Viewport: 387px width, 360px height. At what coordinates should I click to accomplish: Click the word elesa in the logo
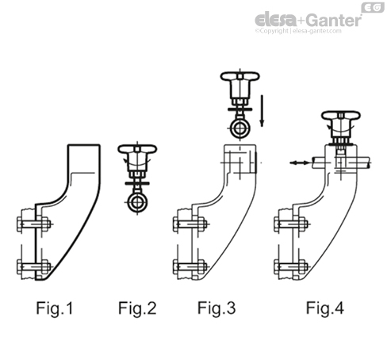tap(272, 20)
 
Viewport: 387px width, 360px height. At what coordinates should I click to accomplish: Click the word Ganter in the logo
tap(333, 20)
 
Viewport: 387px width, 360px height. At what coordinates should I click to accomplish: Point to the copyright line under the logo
tap(305, 33)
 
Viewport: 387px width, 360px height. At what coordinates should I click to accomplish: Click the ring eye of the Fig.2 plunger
tap(139, 203)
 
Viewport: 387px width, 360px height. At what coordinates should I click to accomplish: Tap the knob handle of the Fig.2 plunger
tap(138, 150)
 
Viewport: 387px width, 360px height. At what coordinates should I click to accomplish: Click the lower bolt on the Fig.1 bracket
tap(34, 266)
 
